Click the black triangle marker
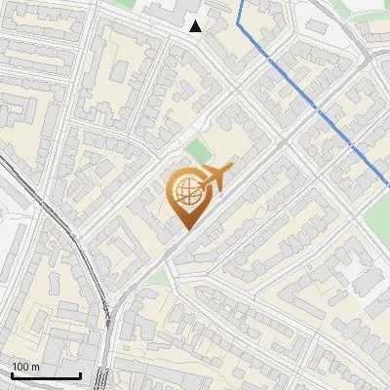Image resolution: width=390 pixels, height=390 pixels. (x=196, y=26)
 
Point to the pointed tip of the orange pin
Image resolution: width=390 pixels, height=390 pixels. (x=185, y=230)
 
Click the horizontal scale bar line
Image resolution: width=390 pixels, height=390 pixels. (x=45, y=375)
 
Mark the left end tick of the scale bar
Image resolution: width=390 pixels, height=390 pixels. (x=11, y=373)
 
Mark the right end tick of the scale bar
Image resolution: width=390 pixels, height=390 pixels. (x=80, y=373)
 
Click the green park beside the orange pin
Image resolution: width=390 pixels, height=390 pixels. (x=199, y=152)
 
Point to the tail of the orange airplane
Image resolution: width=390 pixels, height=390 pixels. (x=230, y=168)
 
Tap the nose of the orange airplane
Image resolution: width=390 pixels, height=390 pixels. (x=202, y=184)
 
